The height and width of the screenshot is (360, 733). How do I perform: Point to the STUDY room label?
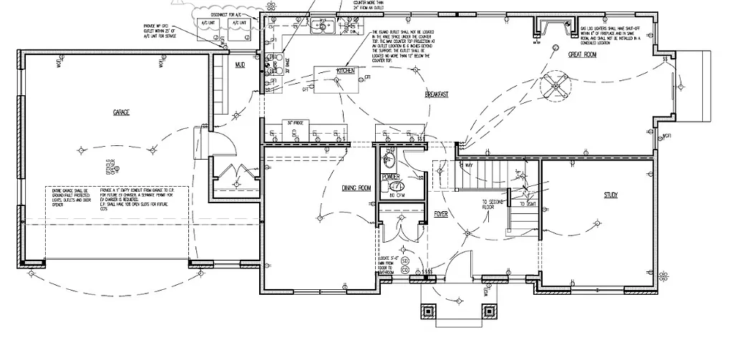pos(610,195)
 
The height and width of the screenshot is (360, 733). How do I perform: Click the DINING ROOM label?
pos(356,188)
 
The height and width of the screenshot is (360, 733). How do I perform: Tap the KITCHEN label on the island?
pos(346,71)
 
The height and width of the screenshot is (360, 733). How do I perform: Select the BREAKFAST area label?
pos(436,94)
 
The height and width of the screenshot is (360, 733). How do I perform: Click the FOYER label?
pos(441,213)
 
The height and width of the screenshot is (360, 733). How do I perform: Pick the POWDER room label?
pos(391,176)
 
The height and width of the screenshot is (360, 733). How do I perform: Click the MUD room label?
pos(241,66)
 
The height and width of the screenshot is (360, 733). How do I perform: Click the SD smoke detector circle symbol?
pos(404,261)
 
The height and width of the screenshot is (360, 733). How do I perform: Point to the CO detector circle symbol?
pos(404,270)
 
